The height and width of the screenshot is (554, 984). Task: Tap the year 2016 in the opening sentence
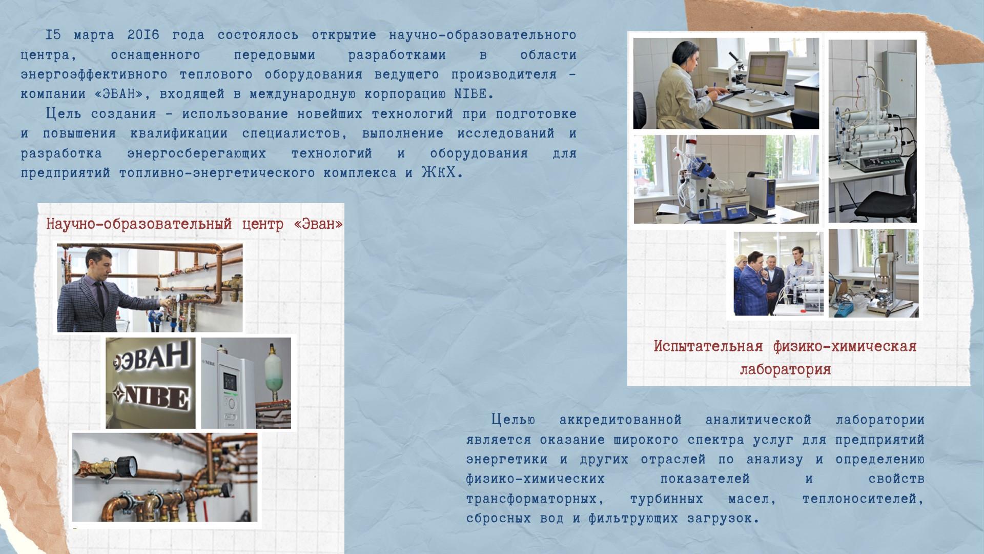tap(143, 35)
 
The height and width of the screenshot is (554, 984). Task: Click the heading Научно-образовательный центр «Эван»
tap(194, 224)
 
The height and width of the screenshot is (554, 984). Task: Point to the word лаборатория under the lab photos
tap(785, 369)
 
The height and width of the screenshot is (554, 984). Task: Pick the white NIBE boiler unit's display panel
tap(229, 380)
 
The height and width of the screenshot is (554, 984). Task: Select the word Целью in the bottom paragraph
tap(513, 420)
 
